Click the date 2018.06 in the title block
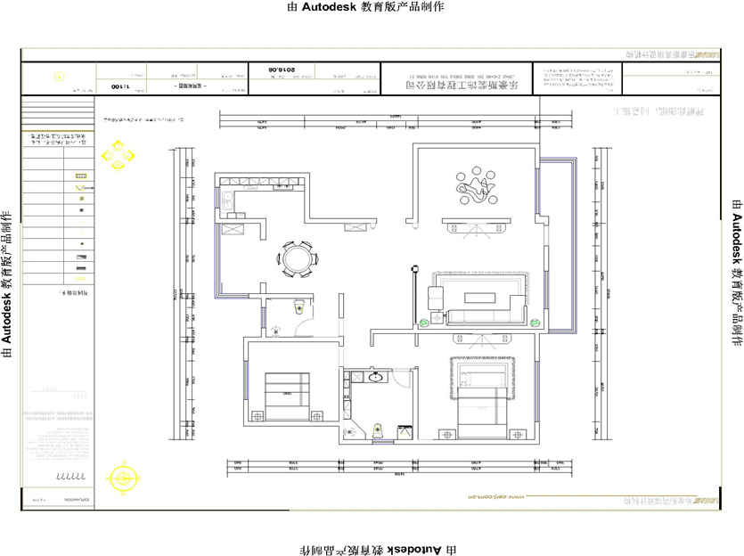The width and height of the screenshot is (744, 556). coord(282,69)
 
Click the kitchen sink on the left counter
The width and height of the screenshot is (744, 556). coord(228,200)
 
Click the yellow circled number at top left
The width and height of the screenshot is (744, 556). coord(60,78)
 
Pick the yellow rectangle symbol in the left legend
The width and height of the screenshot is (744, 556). coord(81,176)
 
